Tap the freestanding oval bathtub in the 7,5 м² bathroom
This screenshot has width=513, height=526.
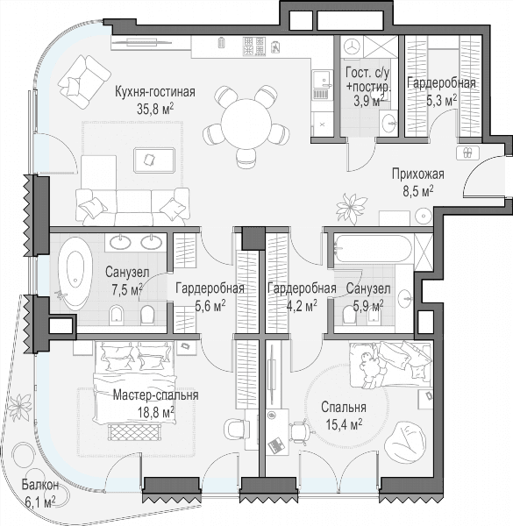[75, 274]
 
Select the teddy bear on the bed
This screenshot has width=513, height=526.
[370, 368]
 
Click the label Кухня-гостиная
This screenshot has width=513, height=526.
[155, 91]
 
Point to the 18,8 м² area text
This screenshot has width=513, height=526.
[156, 412]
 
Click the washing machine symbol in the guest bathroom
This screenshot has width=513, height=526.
[352, 46]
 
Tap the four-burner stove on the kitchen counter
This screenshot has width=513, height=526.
[254, 46]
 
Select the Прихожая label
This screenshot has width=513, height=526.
[418, 174]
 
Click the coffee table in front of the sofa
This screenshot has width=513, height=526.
[154, 160]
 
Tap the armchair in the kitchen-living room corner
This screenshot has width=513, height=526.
[84, 81]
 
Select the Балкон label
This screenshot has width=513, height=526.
[40, 485]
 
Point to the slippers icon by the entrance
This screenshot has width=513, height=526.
[468, 153]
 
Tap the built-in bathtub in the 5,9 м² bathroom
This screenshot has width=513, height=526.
[373, 248]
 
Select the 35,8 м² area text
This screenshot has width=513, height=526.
[155, 109]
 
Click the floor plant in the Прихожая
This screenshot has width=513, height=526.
[352, 206]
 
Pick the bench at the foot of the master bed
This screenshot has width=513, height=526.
[135, 432]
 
